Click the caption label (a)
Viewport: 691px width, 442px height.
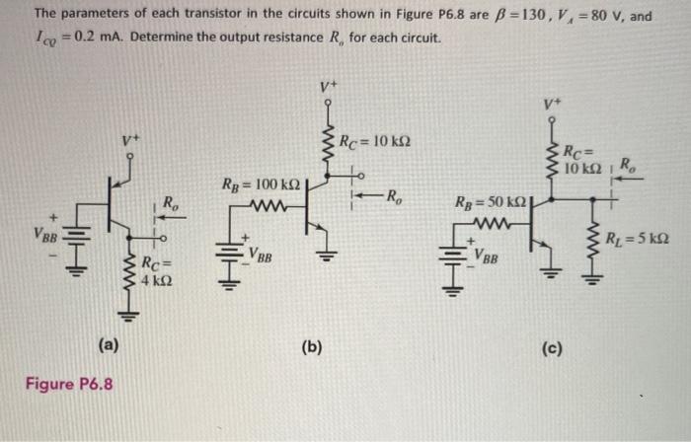(109, 344)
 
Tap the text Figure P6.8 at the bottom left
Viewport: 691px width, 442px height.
(69, 382)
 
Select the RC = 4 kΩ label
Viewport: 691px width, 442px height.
(159, 271)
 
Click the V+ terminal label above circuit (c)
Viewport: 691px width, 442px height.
(550, 103)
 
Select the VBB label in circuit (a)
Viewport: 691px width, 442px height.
(44, 238)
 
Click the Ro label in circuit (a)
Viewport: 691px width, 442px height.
(170, 204)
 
